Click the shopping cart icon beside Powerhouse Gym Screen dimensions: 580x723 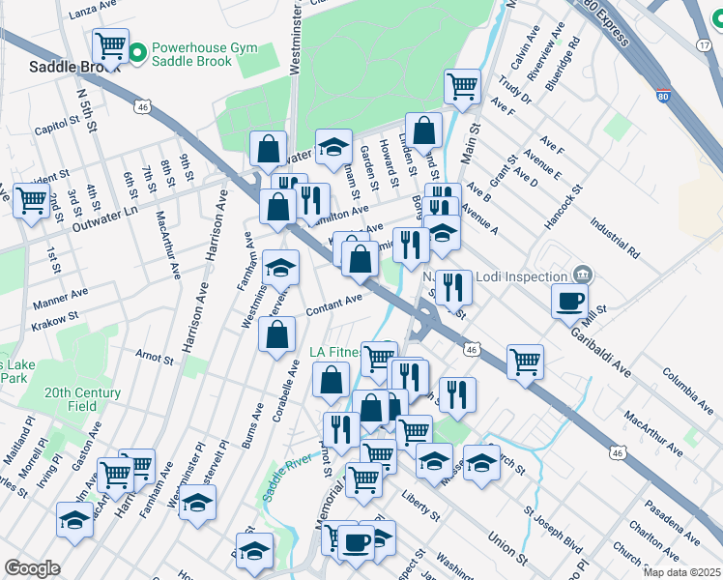(110, 44)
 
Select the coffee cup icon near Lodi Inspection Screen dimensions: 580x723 (569, 300)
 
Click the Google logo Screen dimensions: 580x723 (32, 568)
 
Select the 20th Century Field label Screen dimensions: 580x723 (82, 399)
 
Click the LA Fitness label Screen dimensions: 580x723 (337, 352)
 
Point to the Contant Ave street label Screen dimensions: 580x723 (333, 304)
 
